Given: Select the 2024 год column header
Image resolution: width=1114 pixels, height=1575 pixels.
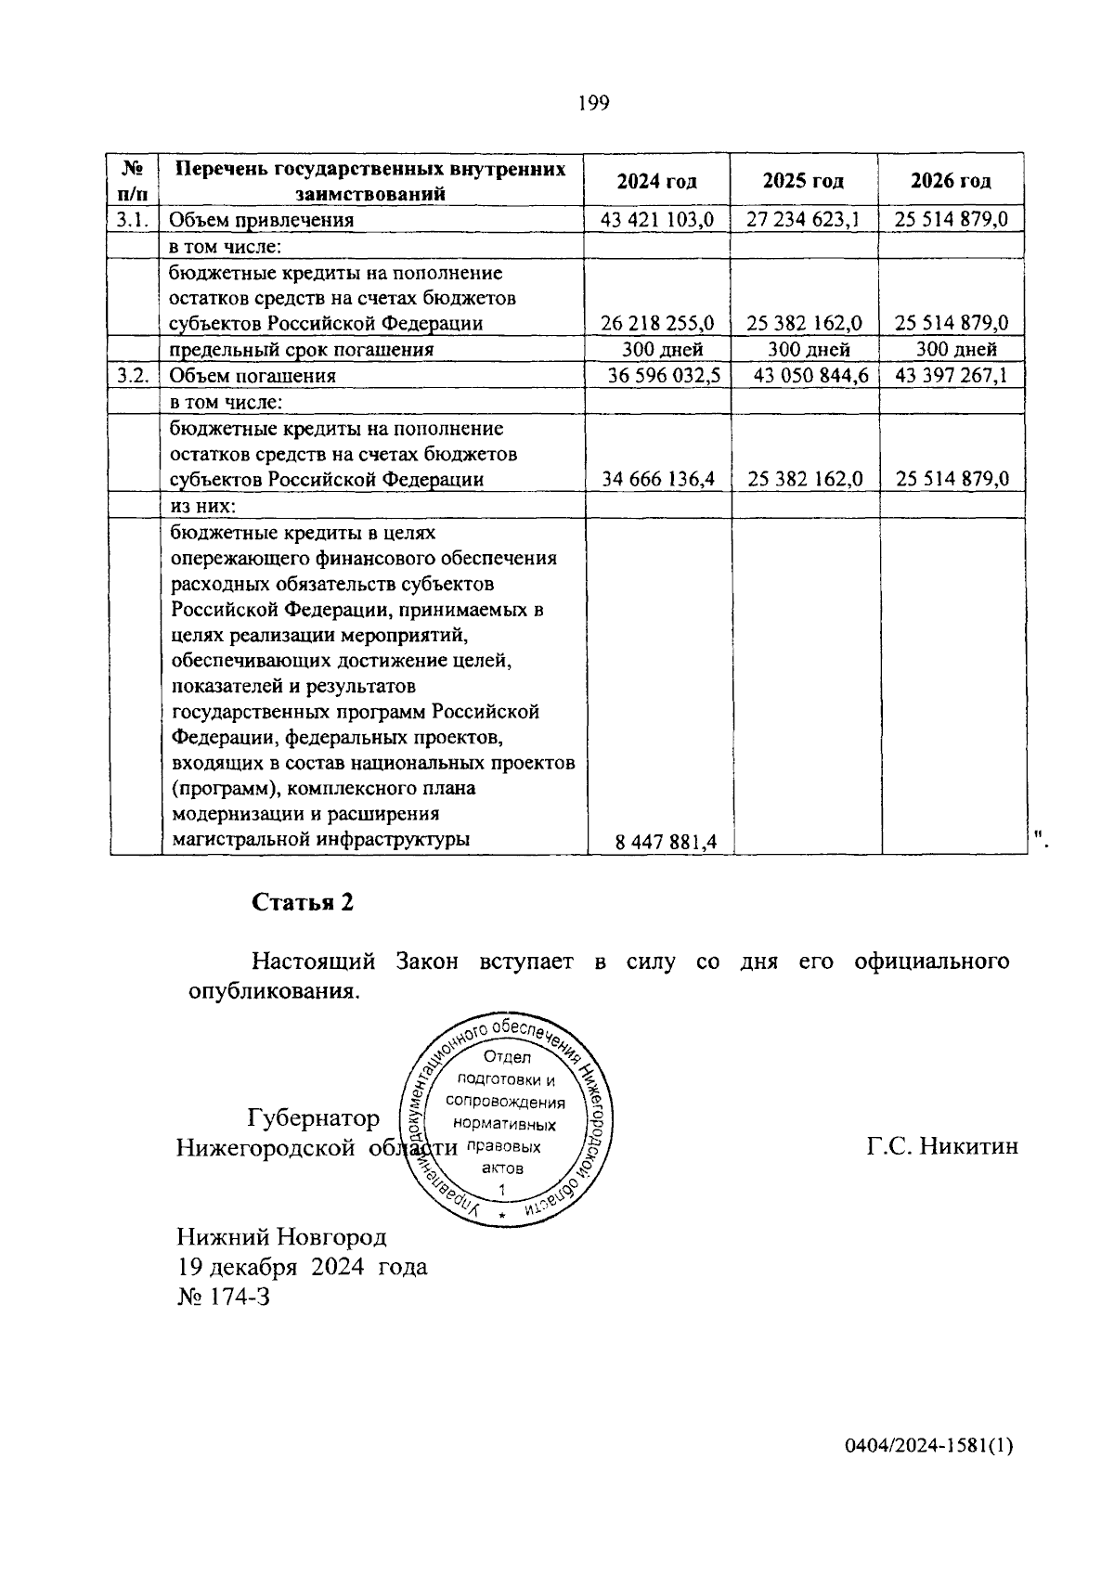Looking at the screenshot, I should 656,181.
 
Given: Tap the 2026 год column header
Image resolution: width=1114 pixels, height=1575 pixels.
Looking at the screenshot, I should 951,181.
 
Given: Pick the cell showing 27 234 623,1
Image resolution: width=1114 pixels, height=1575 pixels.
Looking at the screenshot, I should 803,220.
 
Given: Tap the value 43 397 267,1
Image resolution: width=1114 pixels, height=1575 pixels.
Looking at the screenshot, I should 952,376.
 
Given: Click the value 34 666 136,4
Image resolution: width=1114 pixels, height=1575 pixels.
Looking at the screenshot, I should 658,480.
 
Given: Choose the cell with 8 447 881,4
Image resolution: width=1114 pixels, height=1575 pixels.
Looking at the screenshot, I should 666,842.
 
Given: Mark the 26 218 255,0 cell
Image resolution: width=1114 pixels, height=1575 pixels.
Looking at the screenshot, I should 657,324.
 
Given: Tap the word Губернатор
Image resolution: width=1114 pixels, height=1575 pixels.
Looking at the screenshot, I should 313,1117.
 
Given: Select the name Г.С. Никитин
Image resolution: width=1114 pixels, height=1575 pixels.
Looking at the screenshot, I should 942,1146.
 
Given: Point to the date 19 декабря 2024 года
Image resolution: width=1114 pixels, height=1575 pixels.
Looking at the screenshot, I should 302,1267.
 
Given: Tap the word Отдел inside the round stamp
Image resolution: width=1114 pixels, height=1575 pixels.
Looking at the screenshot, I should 507,1058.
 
